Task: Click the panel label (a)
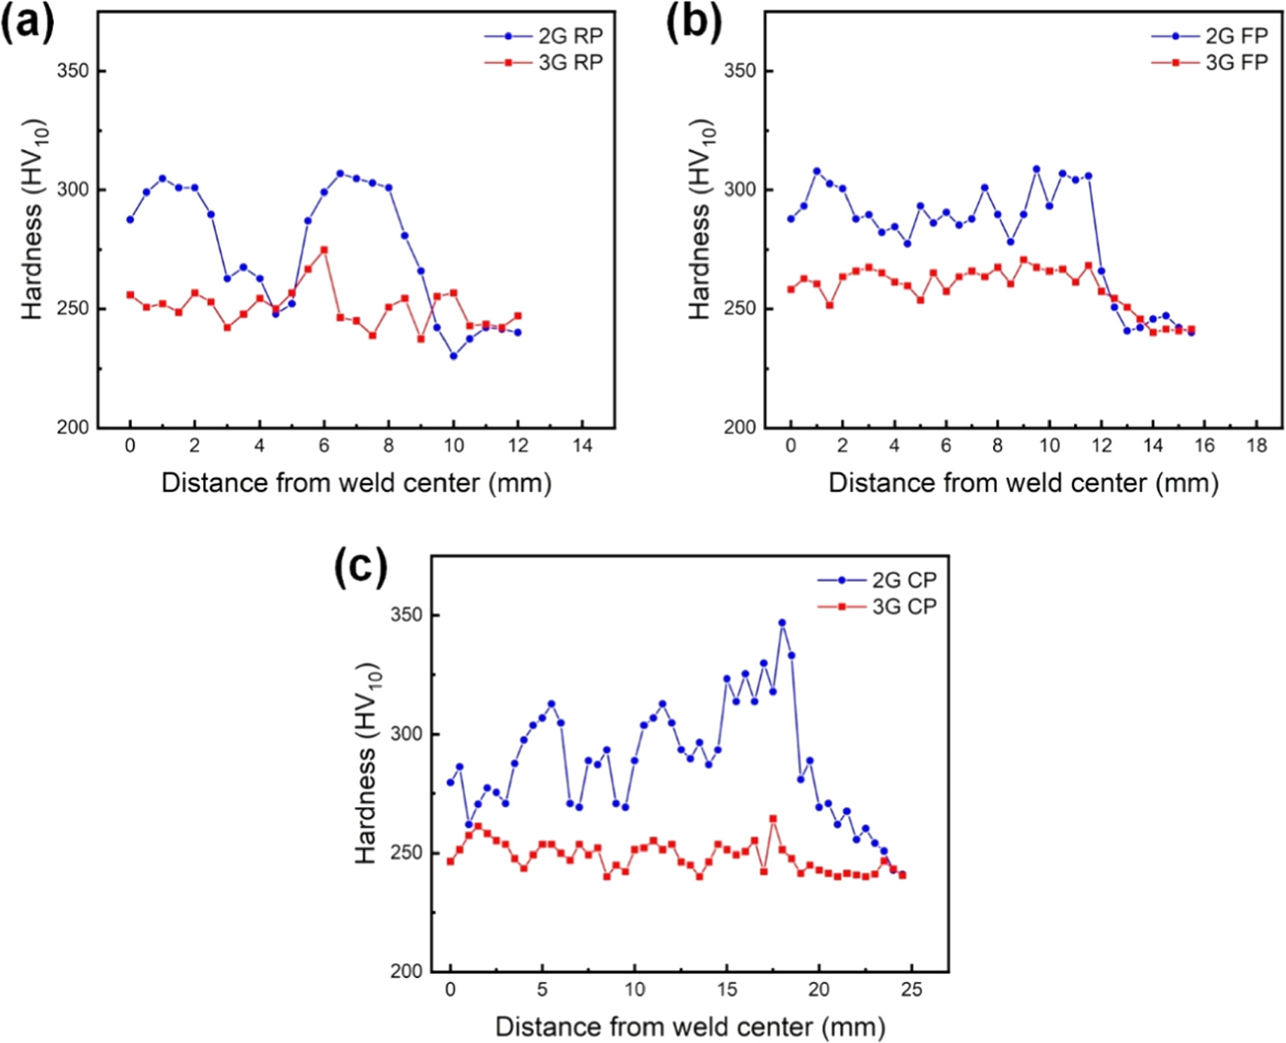pyautogui.click(x=28, y=22)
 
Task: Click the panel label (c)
pyautogui.click(x=361, y=567)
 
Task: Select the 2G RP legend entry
pyautogui.click(x=544, y=36)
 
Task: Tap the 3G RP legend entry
pyautogui.click(x=544, y=62)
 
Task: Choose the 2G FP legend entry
pyautogui.click(x=1211, y=36)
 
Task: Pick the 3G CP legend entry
pyautogui.click(x=878, y=606)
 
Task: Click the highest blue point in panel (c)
pyautogui.click(x=782, y=623)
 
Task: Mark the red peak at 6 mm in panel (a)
pyautogui.click(x=324, y=250)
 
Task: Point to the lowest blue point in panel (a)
pyautogui.click(x=453, y=356)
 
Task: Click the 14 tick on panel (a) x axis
pyautogui.click(x=582, y=446)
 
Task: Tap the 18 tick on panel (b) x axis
pyautogui.click(x=1257, y=446)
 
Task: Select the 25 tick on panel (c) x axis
pyautogui.click(x=911, y=990)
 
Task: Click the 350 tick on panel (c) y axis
pyautogui.click(x=406, y=615)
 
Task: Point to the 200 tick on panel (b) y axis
pyautogui.click(x=740, y=428)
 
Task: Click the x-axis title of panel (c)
pyautogui.click(x=690, y=1026)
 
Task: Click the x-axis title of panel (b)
pyautogui.click(x=1023, y=483)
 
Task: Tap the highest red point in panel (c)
pyautogui.click(x=773, y=819)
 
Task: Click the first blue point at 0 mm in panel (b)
pyautogui.click(x=791, y=219)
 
